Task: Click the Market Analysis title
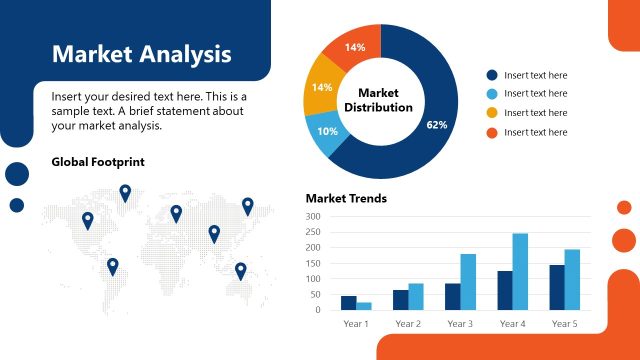tap(141, 53)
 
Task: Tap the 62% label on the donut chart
tap(436, 125)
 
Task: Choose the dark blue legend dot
tap(492, 75)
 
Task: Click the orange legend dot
tap(492, 132)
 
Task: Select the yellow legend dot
tap(492, 113)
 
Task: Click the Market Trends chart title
tap(346, 198)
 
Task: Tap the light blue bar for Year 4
tap(520, 271)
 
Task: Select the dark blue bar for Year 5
tap(557, 287)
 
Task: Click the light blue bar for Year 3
tap(468, 281)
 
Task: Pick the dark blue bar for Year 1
tap(348, 302)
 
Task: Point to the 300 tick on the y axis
tap(313, 216)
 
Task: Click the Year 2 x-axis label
tap(408, 324)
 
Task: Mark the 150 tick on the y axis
tap(313, 263)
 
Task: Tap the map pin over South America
tap(113, 265)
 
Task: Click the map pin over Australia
tap(240, 269)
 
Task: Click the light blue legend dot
tap(492, 94)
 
